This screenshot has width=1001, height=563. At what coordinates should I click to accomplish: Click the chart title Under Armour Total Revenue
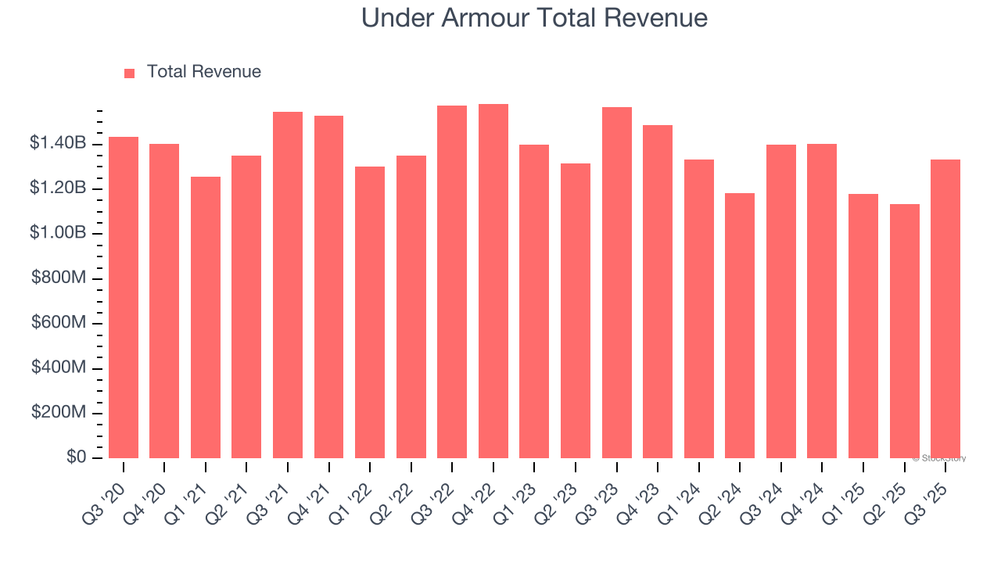pyautogui.click(x=534, y=18)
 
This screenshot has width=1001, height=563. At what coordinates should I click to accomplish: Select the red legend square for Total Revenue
pyautogui.click(x=130, y=73)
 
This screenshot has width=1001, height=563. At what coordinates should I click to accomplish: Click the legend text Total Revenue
pyautogui.click(x=203, y=72)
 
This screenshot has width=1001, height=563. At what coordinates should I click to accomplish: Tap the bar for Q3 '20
pyautogui.click(x=124, y=297)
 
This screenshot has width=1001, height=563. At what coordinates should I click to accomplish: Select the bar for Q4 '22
pyautogui.click(x=493, y=281)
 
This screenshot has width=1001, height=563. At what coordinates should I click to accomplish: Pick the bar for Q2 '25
pyautogui.click(x=905, y=331)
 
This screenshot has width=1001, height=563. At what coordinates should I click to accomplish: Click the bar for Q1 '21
pyautogui.click(x=206, y=317)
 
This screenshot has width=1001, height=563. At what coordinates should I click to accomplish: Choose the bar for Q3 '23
pyautogui.click(x=617, y=282)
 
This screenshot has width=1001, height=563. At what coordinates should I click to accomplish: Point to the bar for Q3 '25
pyautogui.click(x=945, y=309)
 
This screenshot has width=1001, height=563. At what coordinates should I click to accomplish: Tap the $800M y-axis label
pyautogui.click(x=59, y=278)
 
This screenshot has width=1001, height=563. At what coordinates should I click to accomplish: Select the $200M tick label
pyautogui.click(x=59, y=412)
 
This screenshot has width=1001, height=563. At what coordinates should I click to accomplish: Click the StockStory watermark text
pyautogui.click(x=939, y=458)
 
